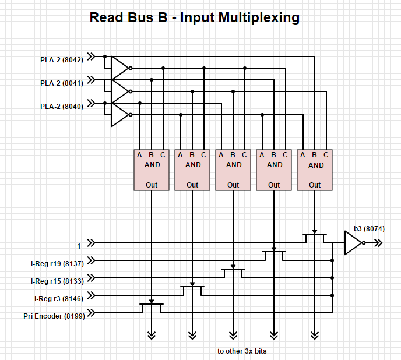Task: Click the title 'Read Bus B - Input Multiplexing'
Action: click(x=194, y=17)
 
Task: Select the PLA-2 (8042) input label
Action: click(x=62, y=59)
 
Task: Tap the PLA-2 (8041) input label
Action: click(x=62, y=83)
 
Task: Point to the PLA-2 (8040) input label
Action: click(x=62, y=106)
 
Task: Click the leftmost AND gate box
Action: click(x=152, y=170)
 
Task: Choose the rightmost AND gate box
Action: click(x=315, y=170)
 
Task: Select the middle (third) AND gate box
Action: click(x=233, y=170)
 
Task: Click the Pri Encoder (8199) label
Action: click(x=54, y=316)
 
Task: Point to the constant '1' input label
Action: click(x=79, y=246)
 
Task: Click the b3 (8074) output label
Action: click(x=369, y=228)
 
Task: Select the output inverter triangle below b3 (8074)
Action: click(x=353, y=243)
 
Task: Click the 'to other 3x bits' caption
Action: click(x=242, y=351)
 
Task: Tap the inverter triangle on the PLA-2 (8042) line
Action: click(x=119, y=68)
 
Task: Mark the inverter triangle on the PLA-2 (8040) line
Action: click(x=119, y=115)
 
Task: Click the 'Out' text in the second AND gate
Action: click(x=192, y=185)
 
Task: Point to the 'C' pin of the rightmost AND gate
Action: click(x=326, y=155)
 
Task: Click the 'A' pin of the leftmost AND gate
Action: click(x=140, y=155)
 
